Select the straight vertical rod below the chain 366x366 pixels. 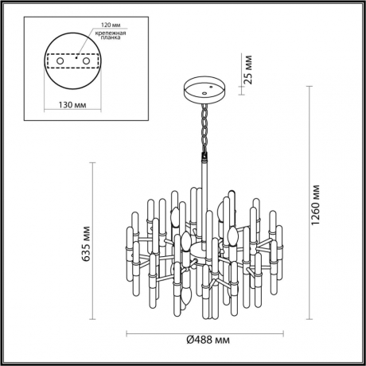(204, 171)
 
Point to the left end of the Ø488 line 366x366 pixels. (127, 333)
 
